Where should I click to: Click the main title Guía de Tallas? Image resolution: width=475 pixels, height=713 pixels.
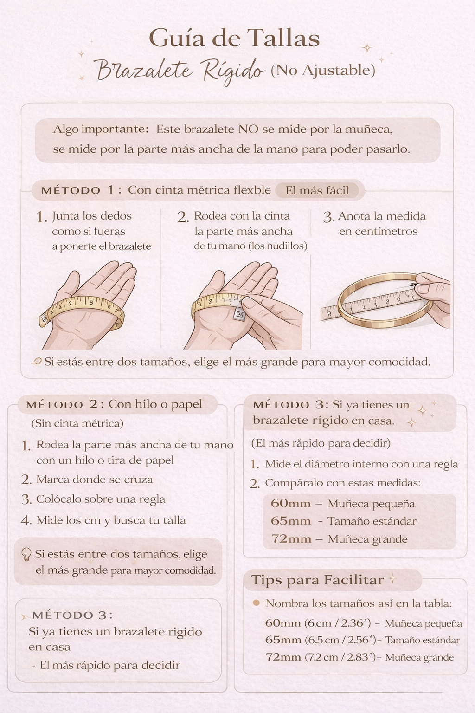tap(234, 39)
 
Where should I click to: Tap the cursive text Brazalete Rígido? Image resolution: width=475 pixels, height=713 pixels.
tap(180, 71)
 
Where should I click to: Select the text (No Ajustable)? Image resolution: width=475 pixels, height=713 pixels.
tap(323, 70)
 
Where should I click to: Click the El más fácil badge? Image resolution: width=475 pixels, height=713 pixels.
tap(317, 190)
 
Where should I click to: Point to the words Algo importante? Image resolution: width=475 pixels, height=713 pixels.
tap(101, 129)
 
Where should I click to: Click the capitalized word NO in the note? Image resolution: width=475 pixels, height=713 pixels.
tap(248, 129)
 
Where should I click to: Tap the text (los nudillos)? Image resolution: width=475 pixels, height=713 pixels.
tap(278, 246)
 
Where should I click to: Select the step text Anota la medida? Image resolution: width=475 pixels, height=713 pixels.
tap(381, 216)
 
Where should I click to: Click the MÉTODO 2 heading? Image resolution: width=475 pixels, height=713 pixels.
tap(62, 405)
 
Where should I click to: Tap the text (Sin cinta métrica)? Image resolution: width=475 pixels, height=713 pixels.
tap(77, 423)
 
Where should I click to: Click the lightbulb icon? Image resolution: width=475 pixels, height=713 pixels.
tap(26, 554)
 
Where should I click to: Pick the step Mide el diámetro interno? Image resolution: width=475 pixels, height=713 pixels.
tap(361, 464)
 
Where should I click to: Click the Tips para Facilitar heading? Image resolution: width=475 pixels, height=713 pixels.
tap(318, 580)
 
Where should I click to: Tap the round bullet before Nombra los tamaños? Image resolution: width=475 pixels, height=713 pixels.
tap(256, 603)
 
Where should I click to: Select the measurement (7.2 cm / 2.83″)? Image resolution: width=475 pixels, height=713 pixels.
tap(340, 657)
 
